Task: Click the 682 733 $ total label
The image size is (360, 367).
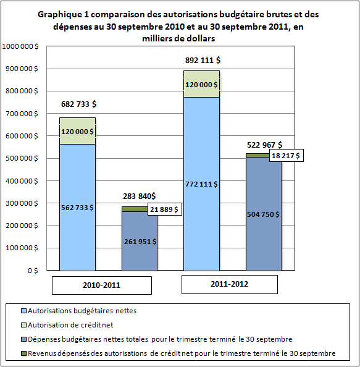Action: point(78,104)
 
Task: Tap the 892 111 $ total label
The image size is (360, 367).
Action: point(203,61)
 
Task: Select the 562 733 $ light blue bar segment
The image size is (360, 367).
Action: point(77,208)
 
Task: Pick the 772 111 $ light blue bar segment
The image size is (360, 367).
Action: point(202,184)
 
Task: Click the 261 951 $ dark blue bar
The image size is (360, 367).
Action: point(140,242)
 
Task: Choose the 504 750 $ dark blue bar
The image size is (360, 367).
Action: point(264,214)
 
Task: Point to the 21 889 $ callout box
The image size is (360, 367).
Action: point(165,209)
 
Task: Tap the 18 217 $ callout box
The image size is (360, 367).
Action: point(287,156)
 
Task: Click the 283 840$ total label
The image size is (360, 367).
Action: point(139,196)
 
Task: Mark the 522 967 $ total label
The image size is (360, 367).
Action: point(264,145)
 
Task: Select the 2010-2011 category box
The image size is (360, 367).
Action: point(102,285)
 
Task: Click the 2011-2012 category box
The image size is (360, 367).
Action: point(230,284)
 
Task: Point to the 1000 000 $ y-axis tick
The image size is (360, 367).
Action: point(20,46)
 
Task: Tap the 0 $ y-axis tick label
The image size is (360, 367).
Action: point(33,271)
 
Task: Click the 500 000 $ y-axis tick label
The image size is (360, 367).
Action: point(22,158)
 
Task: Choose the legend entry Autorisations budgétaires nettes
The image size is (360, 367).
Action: point(79,311)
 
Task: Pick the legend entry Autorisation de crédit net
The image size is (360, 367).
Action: point(67,325)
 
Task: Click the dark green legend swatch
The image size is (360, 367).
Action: point(23,353)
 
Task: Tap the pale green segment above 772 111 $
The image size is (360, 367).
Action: point(202,84)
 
